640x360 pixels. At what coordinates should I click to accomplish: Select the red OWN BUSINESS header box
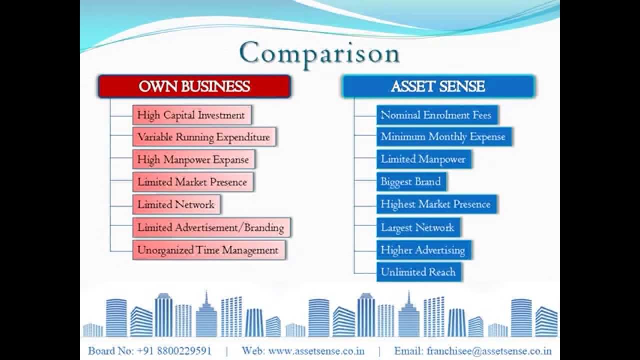194,86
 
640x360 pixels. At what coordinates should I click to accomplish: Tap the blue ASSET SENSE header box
438,86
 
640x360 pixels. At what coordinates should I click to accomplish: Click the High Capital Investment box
191,115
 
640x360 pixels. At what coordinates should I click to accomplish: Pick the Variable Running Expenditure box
204,137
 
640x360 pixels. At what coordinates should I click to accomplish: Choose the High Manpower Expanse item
193,160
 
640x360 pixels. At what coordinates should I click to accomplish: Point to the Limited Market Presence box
192,182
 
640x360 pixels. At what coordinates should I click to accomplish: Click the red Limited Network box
176,204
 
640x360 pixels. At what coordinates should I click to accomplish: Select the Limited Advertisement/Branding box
211,227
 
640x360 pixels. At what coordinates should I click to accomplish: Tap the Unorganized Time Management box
208,250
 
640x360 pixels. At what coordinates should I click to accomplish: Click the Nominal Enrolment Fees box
436,115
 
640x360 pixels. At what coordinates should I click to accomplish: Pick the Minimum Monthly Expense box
443,136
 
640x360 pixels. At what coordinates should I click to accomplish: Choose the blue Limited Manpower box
423,159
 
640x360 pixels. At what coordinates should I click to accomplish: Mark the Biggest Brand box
411,181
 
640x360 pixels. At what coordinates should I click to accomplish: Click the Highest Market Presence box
436,204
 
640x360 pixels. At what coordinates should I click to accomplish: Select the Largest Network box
418,227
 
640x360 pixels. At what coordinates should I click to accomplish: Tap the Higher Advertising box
423,250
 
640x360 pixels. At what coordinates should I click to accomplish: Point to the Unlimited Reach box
418,272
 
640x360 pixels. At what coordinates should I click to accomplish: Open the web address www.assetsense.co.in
316,351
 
